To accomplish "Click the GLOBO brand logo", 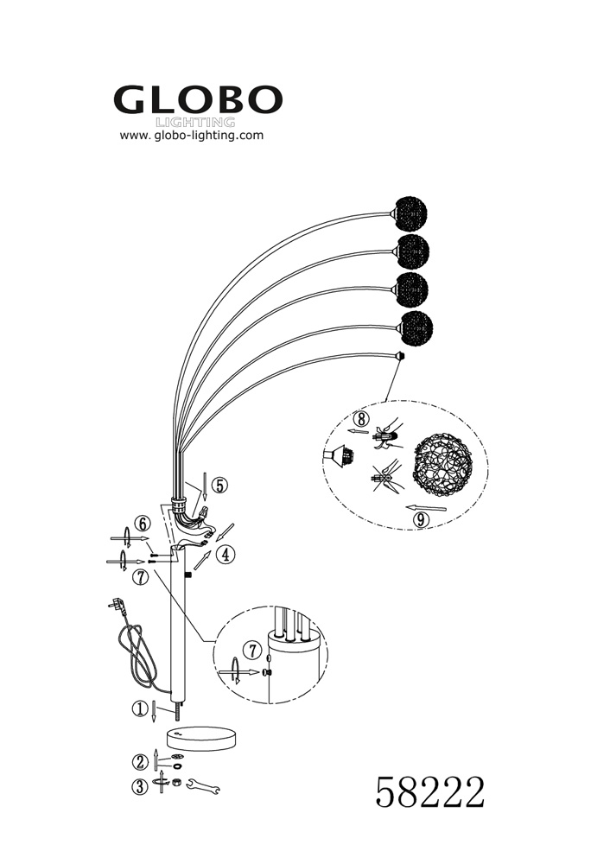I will click(198, 99).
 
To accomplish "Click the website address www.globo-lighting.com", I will click(191, 136).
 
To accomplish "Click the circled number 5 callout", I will click(220, 486).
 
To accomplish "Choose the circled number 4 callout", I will click(225, 555).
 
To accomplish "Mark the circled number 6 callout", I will click(143, 524).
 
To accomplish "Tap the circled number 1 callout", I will click(138, 708).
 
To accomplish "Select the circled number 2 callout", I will click(139, 761).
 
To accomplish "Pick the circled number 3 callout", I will click(140, 786).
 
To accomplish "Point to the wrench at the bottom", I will click(203, 785).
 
